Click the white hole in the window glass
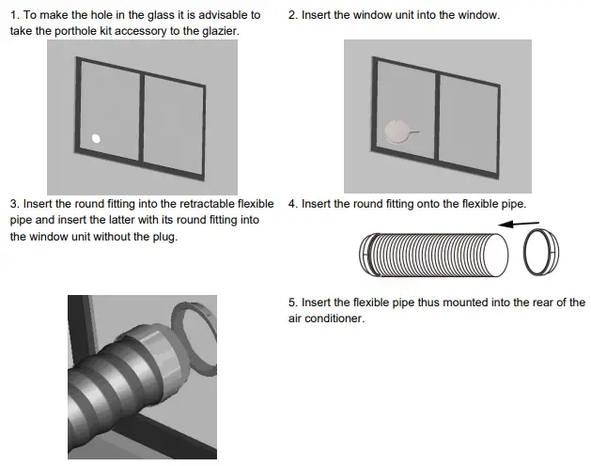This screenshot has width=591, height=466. (96, 139)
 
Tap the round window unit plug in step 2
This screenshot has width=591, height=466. (397, 132)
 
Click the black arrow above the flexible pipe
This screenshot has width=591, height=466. (519, 224)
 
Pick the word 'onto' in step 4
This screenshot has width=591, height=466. (428, 204)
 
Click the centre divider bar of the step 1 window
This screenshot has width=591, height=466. (141, 118)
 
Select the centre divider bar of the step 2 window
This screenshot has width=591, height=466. (437, 117)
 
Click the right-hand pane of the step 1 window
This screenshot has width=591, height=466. (174, 125)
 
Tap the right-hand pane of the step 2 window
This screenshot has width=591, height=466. (469, 124)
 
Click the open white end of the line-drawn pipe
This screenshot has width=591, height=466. (496, 256)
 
